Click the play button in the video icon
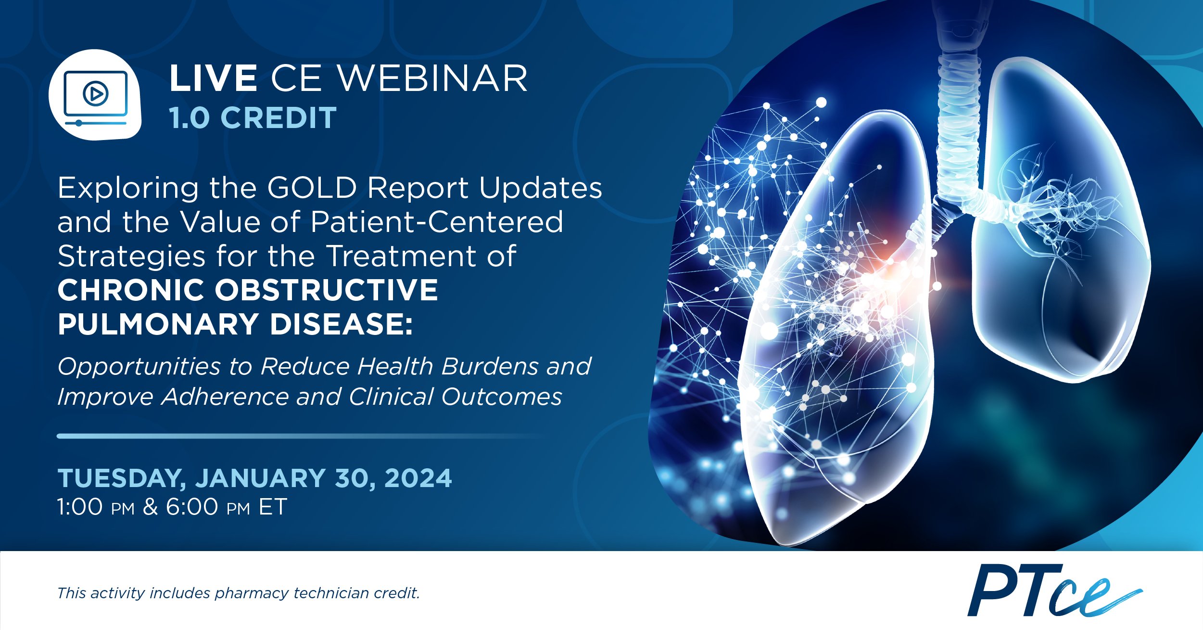pos(96,93)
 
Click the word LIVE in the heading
pos(213,78)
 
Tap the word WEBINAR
pos(432,78)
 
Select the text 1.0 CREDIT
pos(253,117)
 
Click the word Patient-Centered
pos(437,222)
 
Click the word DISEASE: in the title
pos(341,324)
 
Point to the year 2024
pos(418,478)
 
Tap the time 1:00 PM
pos(96,507)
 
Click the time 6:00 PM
pos(208,507)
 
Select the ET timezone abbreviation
pos(273,507)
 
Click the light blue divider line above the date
pos(301,436)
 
